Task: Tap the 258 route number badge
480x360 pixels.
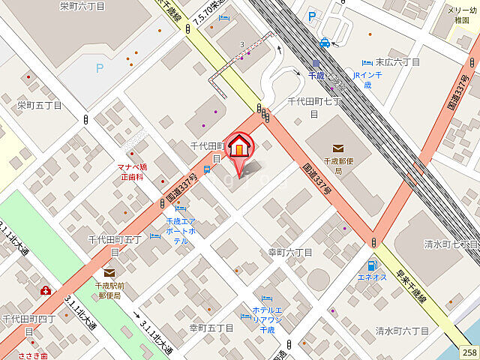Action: tap(469, 352)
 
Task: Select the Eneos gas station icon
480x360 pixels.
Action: tap(371, 265)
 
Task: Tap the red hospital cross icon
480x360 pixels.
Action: tap(46, 290)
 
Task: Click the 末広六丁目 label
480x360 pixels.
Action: tap(397, 62)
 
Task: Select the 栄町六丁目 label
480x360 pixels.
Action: tap(82, 6)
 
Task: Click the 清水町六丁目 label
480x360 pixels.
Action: tap(402, 331)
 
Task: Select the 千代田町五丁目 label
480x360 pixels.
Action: tap(115, 245)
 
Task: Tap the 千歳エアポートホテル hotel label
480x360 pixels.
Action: tap(181, 230)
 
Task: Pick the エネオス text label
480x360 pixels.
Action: tap(372, 277)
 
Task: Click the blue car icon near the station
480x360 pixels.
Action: tap(325, 43)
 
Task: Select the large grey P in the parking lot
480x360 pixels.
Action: tap(99, 68)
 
